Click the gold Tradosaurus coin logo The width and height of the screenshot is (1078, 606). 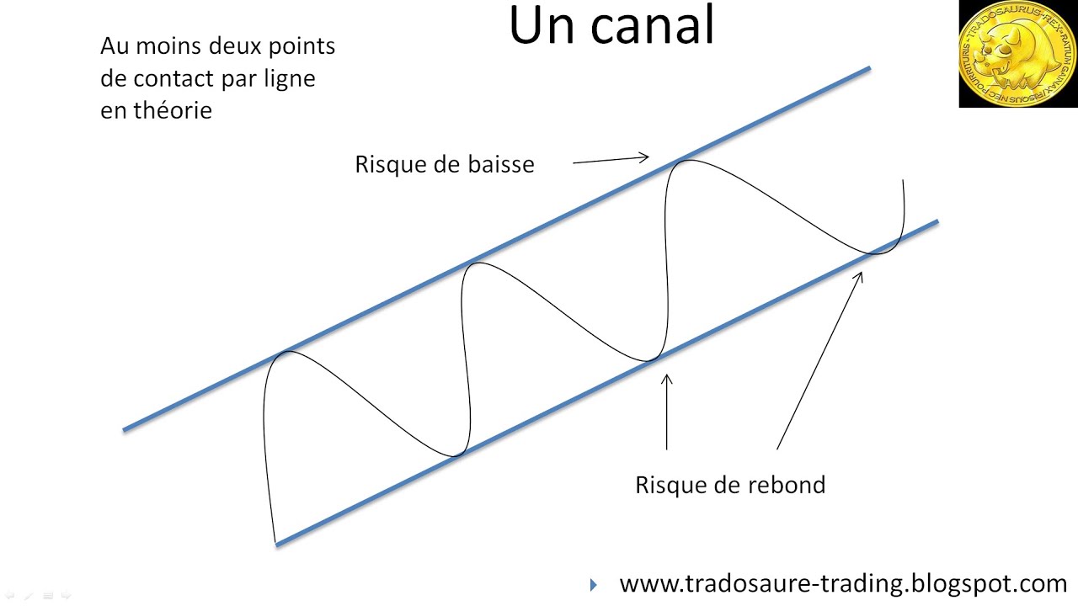click(x=1018, y=54)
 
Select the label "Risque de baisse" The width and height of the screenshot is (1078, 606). click(x=445, y=164)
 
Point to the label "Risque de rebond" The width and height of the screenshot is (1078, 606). click(x=730, y=485)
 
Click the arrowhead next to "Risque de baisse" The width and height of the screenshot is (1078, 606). click(x=644, y=157)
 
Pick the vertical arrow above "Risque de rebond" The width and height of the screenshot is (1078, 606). click(x=667, y=412)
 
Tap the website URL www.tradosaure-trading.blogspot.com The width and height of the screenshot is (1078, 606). click(x=843, y=583)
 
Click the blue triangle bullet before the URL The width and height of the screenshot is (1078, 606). click(x=594, y=584)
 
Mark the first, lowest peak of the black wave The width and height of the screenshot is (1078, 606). click(x=288, y=352)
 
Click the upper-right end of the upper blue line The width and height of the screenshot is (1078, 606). click(x=868, y=68)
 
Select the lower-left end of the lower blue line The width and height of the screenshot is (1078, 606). click(x=277, y=544)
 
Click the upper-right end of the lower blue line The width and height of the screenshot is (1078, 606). click(x=937, y=222)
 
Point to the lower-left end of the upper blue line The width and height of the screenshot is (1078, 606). click(x=125, y=429)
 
